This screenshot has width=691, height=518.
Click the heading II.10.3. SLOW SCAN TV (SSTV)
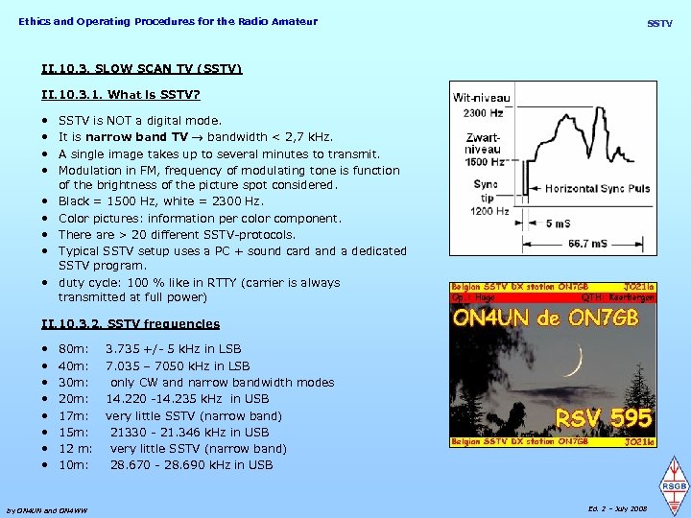pyautogui.click(x=142, y=69)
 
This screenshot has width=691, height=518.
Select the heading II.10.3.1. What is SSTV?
pyautogui.click(x=121, y=95)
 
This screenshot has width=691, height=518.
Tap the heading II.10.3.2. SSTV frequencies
pyautogui.click(x=131, y=324)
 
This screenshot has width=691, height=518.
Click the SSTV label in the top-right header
pyautogui.click(x=659, y=22)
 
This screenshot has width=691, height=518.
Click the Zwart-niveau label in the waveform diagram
pyautogui.click(x=482, y=149)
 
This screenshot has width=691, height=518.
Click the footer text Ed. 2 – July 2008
pyautogui.click(x=616, y=508)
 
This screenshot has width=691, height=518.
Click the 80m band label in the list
pyautogui.click(x=73, y=349)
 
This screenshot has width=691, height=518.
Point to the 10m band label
pyautogui.click(x=73, y=464)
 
